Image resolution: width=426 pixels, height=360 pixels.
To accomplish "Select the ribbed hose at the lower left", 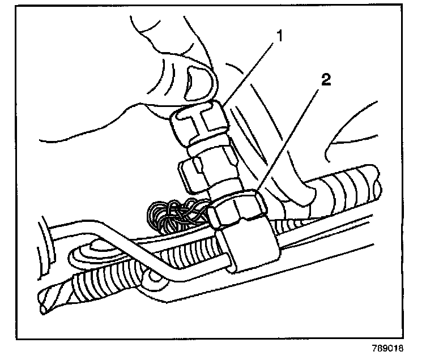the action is coord(96,283).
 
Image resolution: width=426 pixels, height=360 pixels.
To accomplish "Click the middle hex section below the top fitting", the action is coord(195,170).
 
